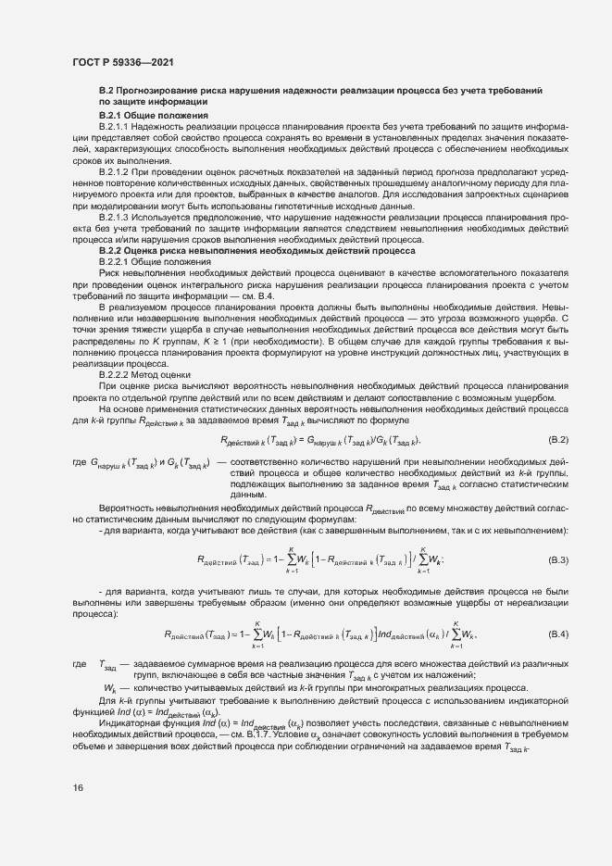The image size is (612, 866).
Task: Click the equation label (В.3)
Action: click(558, 559)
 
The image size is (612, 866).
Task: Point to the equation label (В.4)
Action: click(558, 634)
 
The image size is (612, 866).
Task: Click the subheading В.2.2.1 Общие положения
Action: click(147, 261)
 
